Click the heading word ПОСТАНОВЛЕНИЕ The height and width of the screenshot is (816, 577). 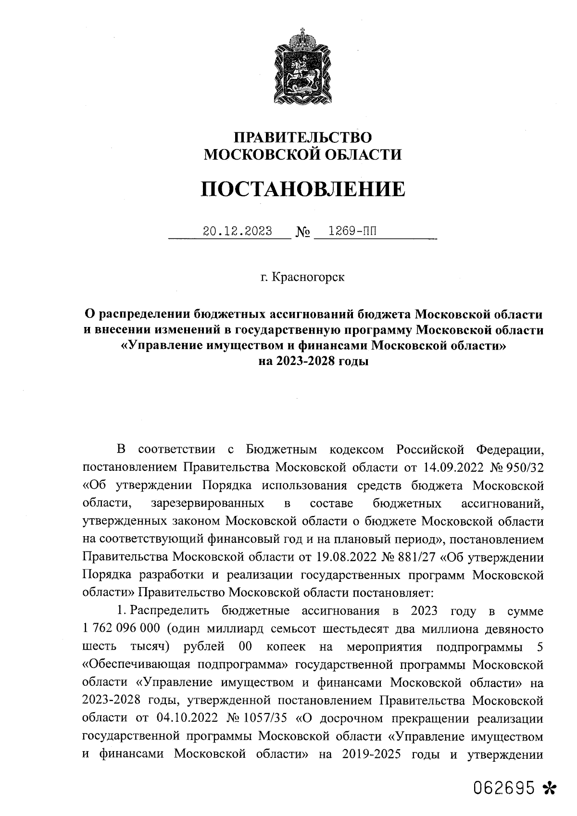pos(302,189)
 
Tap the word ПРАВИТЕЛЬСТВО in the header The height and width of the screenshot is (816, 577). pos(302,138)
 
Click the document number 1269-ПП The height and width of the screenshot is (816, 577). pos(350,231)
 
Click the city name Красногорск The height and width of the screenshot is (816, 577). pos(308,277)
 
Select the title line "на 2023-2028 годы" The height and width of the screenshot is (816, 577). pos(314,361)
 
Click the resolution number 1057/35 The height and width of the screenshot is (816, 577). pos(265,718)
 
